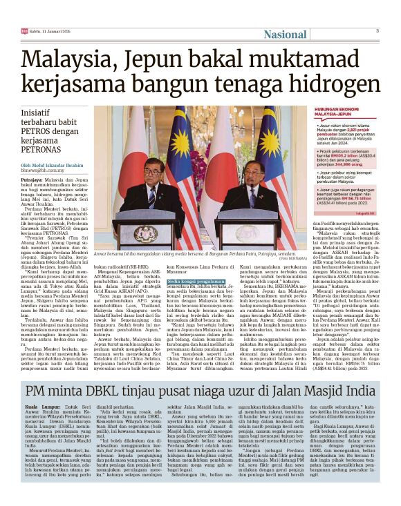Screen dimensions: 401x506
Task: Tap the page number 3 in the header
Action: [x=377, y=30]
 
